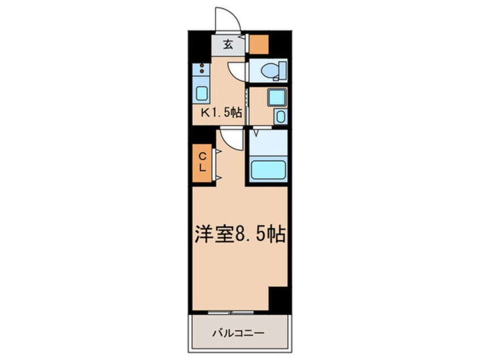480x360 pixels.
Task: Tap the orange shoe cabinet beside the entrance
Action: [x=259, y=44]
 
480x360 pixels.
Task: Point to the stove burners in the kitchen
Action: [x=201, y=72]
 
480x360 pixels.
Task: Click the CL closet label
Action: [x=202, y=163]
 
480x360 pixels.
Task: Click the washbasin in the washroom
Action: [x=275, y=97]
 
